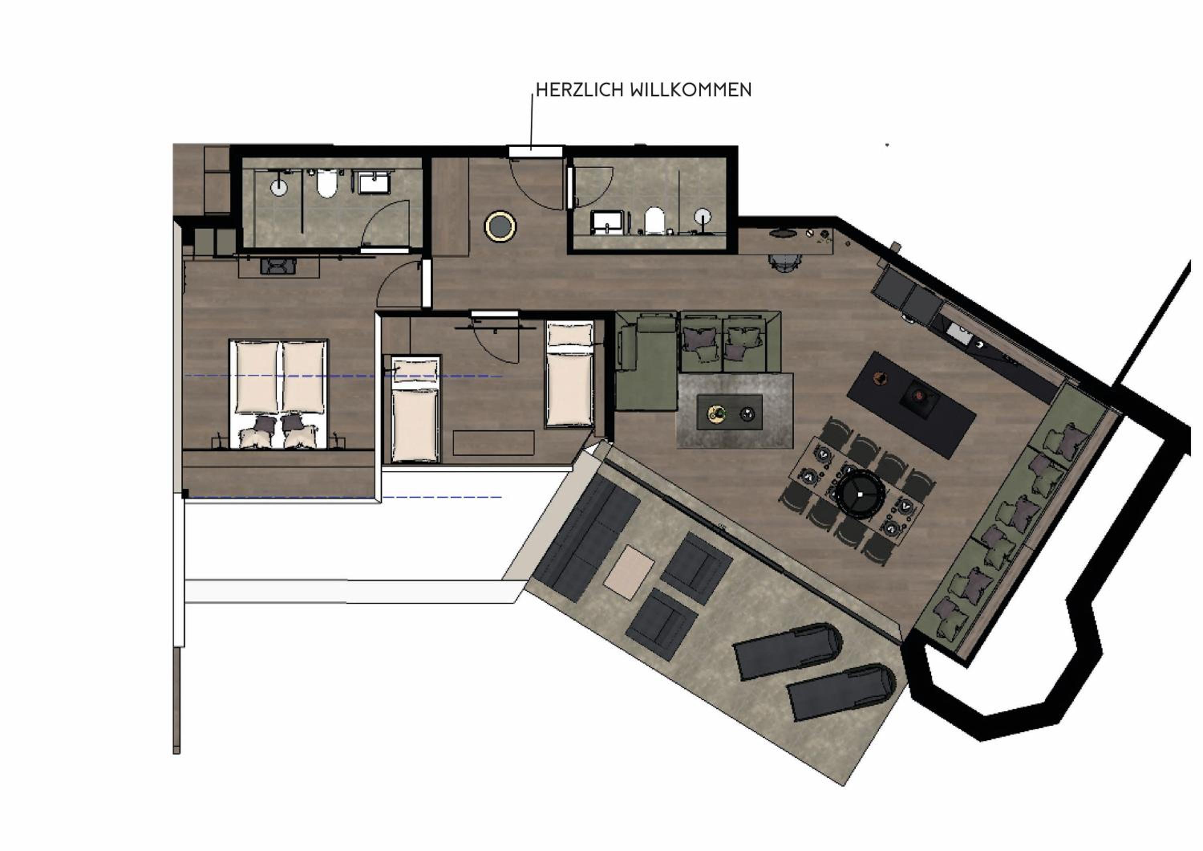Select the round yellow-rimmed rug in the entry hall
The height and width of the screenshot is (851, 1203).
click(500, 226)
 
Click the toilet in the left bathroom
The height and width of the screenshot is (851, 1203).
click(326, 183)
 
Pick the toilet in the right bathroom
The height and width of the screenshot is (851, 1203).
click(654, 220)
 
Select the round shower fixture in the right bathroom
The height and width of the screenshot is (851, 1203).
click(703, 216)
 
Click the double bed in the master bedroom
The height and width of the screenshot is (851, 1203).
click(279, 394)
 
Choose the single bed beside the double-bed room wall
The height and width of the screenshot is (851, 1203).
click(415, 409)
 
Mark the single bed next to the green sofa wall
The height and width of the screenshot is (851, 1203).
click(570, 374)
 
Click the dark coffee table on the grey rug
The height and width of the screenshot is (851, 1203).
click(729, 412)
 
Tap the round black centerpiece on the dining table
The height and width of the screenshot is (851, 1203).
click(860, 493)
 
